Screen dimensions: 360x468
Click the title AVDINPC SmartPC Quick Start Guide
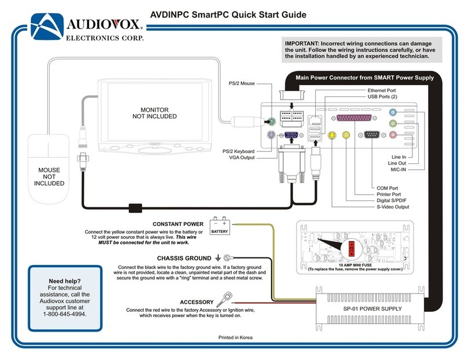[x=227, y=15]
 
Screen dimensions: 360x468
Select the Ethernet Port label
[x=382, y=90]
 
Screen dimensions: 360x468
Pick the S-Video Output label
[x=393, y=206]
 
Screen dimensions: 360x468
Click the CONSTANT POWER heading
[x=178, y=224]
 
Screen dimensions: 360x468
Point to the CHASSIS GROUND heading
[x=184, y=258]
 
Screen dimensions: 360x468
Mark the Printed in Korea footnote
[x=235, y=337]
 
